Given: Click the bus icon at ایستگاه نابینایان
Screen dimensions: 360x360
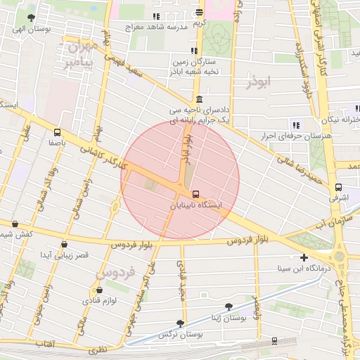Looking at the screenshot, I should coord(195,193).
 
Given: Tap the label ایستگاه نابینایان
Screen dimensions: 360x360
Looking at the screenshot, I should coord(196,206).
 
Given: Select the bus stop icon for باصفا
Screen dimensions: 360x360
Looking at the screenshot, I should coord(57,131).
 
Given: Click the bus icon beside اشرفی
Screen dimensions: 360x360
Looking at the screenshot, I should coord(339,188).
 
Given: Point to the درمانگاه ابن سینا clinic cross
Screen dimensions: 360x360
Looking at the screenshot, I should coord(303,257).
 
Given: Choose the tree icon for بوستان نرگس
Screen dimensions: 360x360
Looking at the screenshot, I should coord(180,323).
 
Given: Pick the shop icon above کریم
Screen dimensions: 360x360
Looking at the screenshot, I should coord(200,12).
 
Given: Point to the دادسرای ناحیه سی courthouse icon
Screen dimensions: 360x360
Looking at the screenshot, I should coord(200,98).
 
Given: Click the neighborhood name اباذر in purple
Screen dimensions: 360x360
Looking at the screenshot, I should coord(259,82).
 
